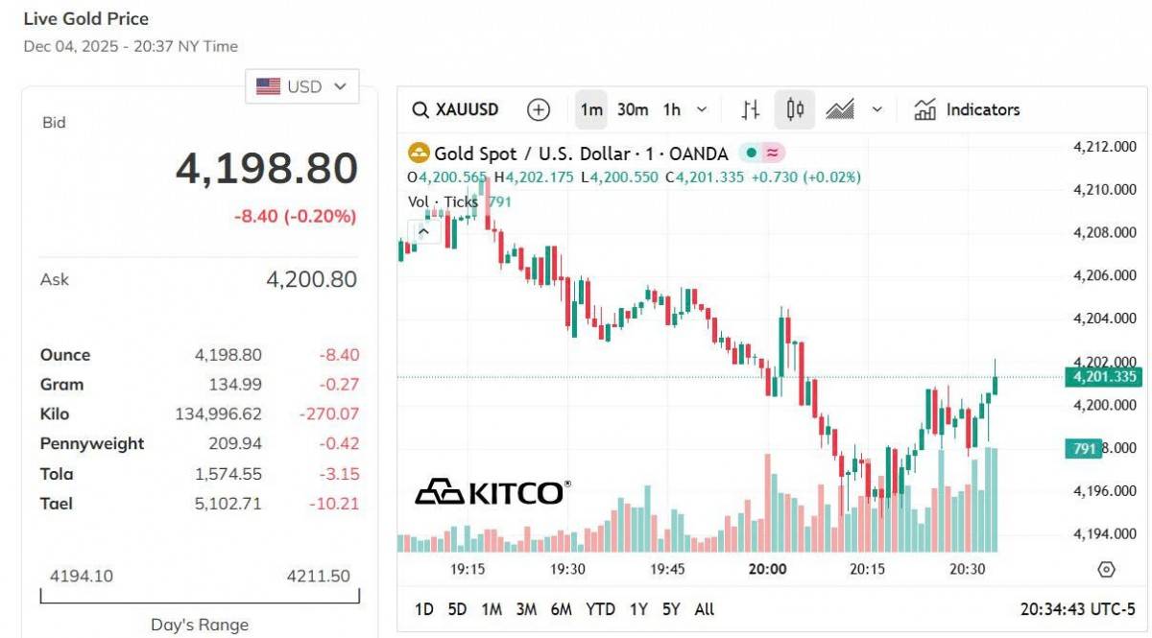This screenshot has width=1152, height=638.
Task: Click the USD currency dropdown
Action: tap(301, 86)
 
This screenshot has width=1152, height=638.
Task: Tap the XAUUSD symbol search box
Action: tap(456, 109)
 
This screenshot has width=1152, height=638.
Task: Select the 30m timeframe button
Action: tap(632, 109)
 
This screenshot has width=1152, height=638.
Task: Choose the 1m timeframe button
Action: tap(591, 109)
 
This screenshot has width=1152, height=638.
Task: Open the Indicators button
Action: tap(967, 109)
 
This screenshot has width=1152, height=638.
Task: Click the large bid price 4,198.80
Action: tap(266, 169)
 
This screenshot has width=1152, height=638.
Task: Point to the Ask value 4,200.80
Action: tap(311, 279)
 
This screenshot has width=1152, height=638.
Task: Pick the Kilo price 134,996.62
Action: tap(218, 414)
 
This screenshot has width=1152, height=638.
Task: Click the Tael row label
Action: tap(57, 504)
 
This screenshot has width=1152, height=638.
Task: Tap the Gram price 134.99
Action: tap(235, 385)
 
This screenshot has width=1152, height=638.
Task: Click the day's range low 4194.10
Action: tap(81, 576)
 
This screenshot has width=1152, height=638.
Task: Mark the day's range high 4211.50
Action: tap(318, 576)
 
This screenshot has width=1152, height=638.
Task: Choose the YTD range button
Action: tap(600, 609)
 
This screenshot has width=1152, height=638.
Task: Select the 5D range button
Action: tap(457, 609)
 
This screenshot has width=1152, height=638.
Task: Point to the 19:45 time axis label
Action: tap(667, 569)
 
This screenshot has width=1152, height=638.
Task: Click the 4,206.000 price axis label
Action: tap(1104, 276)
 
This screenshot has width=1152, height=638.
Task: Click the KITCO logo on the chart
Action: tap(492, 492)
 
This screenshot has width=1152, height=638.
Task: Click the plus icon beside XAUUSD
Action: tap(539, 109)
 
